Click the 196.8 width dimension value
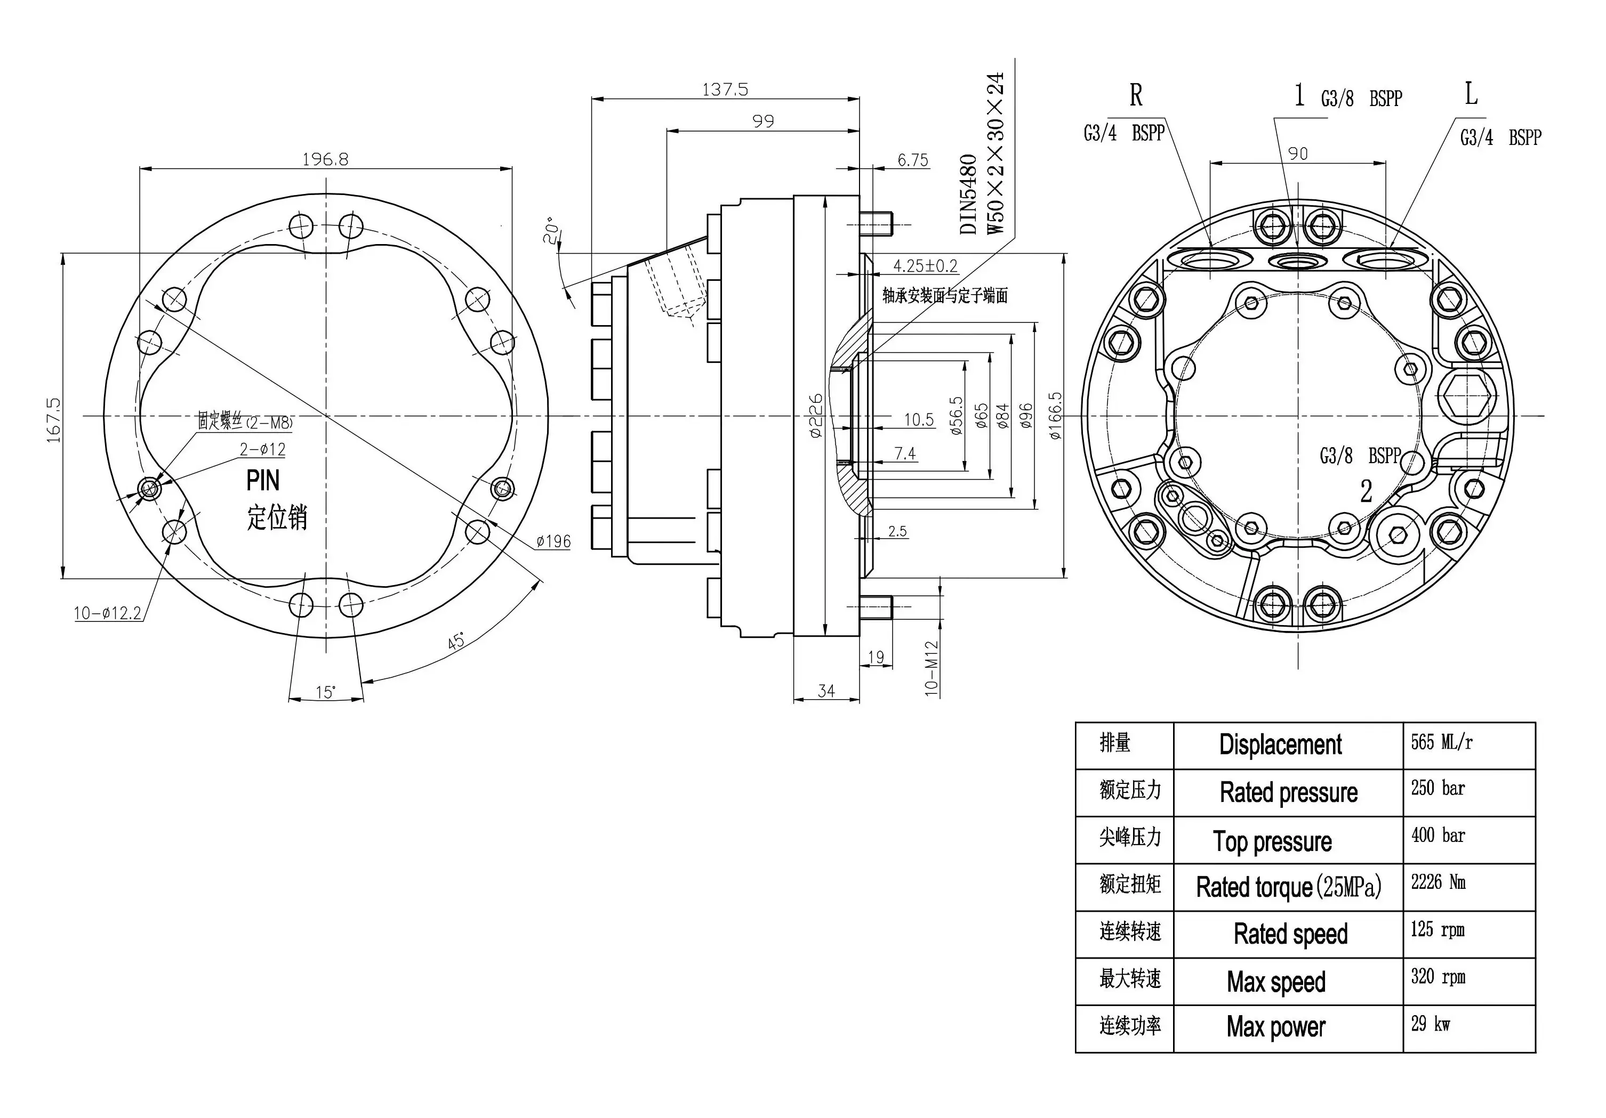click(325, 159)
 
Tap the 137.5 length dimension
click(725, 90)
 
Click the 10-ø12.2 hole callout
click(108, 613)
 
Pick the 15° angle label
click(325, 692)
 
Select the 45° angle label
click(457, 641)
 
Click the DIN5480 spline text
click(968, 195)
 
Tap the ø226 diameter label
click(816, 416)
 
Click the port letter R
click(1136, 95)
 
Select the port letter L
click(1471, 94)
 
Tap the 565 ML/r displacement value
click(1441, 742)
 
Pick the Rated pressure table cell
click(1288, 792)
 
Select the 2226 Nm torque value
click(1438, 882)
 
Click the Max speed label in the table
click(1276, 982)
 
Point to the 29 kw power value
click(1431, 1024)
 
